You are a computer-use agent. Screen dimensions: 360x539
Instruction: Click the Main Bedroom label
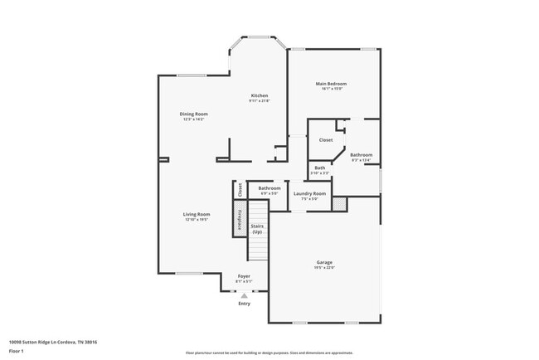330,84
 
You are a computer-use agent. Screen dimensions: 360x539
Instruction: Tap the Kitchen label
260,95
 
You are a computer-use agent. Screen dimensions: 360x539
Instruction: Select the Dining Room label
194,114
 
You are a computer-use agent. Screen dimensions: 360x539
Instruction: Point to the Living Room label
197,214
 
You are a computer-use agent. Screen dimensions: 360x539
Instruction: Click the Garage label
324,262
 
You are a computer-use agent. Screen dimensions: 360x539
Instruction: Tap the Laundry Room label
309,193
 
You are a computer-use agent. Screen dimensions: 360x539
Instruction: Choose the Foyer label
244,275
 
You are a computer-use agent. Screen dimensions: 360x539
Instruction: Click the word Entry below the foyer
244,304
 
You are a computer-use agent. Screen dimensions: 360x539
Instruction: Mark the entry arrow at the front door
244,294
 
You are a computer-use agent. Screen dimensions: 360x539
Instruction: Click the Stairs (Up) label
257,228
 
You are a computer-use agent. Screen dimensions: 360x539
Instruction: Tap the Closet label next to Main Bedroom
326,140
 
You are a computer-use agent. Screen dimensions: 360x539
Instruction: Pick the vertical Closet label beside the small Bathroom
240,189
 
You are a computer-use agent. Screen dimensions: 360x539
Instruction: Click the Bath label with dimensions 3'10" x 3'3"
320,168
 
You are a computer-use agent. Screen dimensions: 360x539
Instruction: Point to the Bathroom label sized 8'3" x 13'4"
361,155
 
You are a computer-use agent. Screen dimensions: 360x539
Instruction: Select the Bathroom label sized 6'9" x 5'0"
269,188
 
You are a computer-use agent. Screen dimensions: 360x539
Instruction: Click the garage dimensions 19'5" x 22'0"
324,267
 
